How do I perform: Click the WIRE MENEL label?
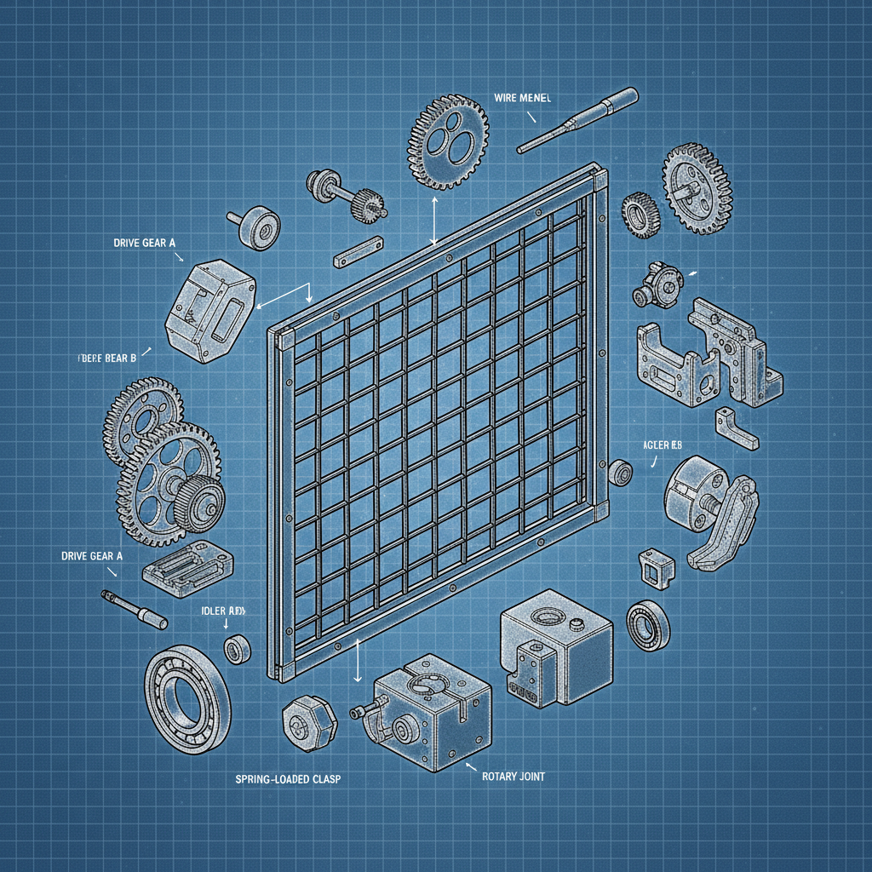[523, 99]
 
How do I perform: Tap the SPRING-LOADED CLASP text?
[287, 779]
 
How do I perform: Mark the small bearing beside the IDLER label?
[237, 649]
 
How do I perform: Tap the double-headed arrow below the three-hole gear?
[435, 221]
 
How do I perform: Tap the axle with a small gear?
[349, 195]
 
